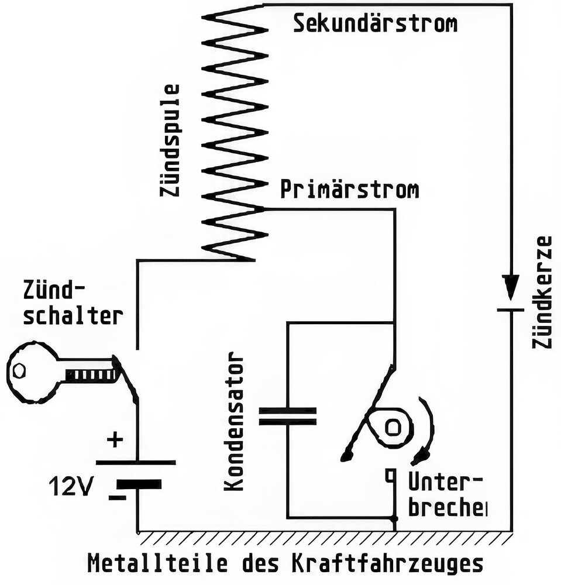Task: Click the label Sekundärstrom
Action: pyautogui.click(x=375, y=24)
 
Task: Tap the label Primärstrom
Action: pyautogui.click(x=350, y=191)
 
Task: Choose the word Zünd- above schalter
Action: pyautogui.click(x=54, y=290)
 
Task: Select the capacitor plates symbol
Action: pyautogui.click(x=288, y=416)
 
